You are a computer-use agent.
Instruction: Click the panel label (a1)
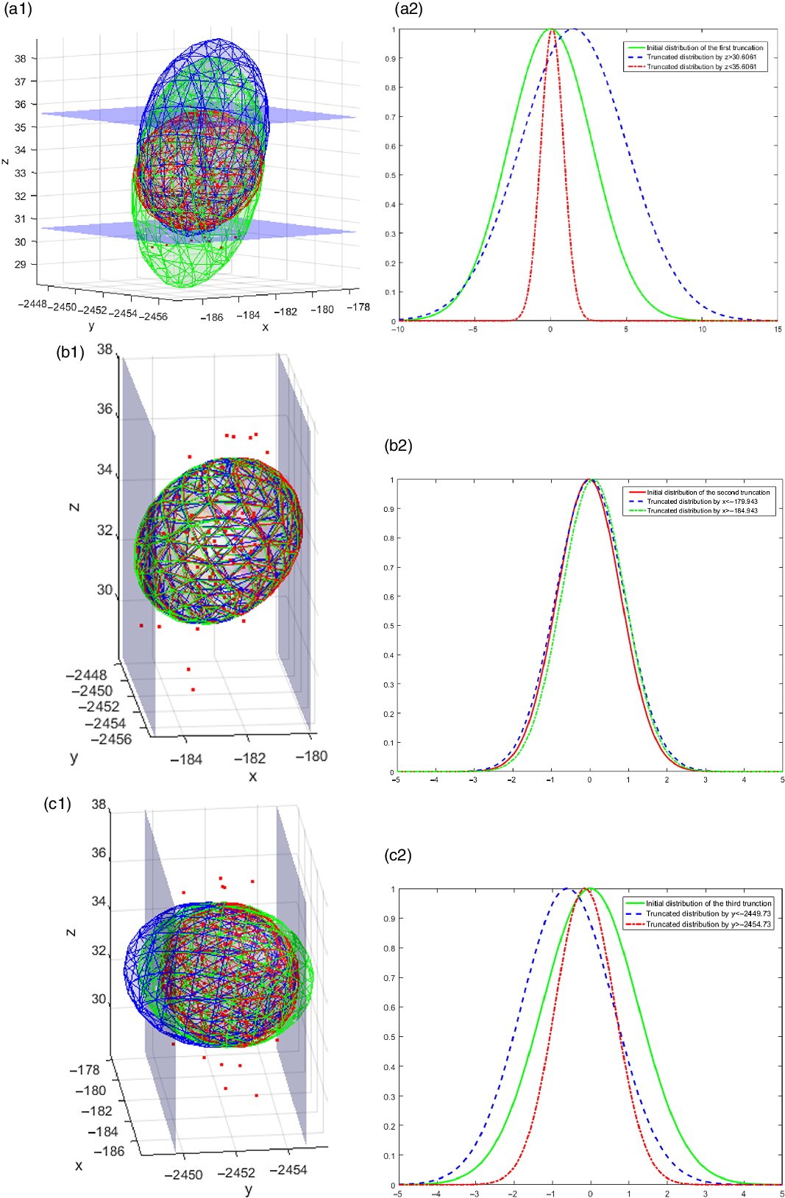pyautogui.click(x=18, y=10)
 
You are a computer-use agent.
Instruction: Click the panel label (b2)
pyautogui.click(x=398, y=446)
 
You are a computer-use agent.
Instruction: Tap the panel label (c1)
pyautogui.click(x=57, y=803)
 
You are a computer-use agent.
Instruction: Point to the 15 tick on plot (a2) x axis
pyautogui.click(x=778, y=329)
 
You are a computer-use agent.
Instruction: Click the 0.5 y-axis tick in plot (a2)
pyautogui.click(x=391, y=176)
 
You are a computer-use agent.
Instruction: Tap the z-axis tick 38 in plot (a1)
pyautogui.click(x=21, y=58)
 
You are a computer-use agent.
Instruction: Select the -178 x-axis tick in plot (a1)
pyautogui.click(x=359, y=307)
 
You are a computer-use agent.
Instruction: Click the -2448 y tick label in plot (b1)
pyautogui.click(x=86, y=675)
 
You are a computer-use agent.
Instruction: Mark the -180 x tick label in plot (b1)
pyautogui.click(x=311, y=756)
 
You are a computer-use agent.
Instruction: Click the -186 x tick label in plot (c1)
pyautogui.click(x=107, y=1151)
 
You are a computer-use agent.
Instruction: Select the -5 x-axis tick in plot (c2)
pyautogui.click(x=397, y=1194)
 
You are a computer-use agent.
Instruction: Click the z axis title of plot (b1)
pyautogui.click(x=74, y=507)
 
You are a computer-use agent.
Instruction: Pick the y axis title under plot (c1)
pyautogui.click(x=249, y=1189)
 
